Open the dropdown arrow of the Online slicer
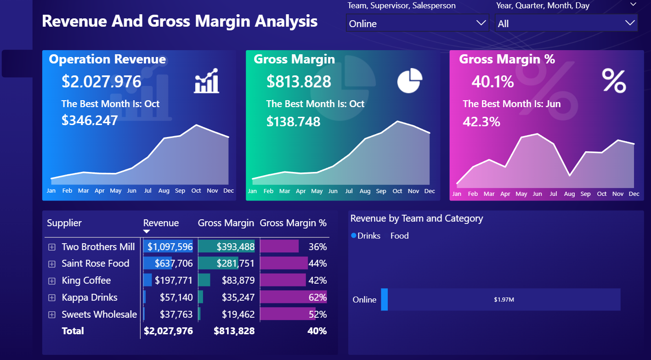coord(481,23)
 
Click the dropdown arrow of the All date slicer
coord(629,23)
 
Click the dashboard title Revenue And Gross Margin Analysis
coord(180,21)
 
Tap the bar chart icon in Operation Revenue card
coord(207,81)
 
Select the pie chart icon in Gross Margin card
coord(410,80)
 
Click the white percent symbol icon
coord(614,81)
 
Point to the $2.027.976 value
coord(102,81)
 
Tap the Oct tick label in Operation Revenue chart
coord(196,191)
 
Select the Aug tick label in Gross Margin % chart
coord(569,194)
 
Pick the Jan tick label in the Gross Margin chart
coord(252,191)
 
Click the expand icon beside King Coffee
coord(52,280)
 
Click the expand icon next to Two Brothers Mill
coord(52,247)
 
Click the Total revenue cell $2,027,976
coord(168,331)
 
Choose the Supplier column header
coord(64,223)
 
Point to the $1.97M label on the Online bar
coord(504,300)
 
